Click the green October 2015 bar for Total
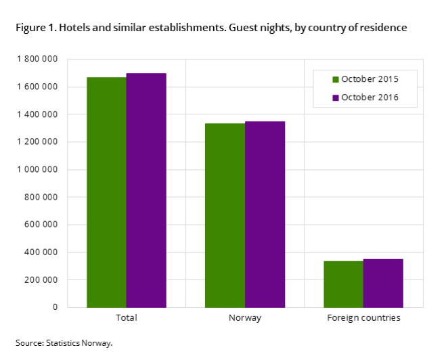coord(106,192)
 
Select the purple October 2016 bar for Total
coord(146,190)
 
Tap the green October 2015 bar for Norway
coord(225,215)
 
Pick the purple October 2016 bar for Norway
coord(265,215)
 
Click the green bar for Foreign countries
coord(343,284)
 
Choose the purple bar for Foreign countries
coord(384,284)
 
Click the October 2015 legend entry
coord(365,79)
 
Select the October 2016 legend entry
coord(365,97)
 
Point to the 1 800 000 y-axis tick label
coord(37,59)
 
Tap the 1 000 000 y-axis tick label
coord(37,169)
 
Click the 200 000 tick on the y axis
coord(41,280)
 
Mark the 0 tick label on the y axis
coord(55,307)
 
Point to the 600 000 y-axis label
coord(41,225)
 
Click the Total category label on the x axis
coord(127,318)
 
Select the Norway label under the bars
coord(245,318)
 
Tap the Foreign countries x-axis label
coord(363,318)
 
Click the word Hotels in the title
coord(74,28)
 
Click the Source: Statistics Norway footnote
coord(64,343)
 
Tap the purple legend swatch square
coord(336,97)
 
